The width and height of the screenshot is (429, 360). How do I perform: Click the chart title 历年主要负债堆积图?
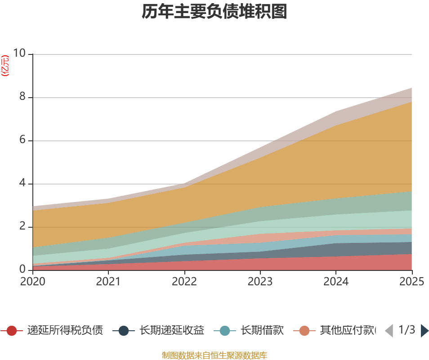(x=214, y=12)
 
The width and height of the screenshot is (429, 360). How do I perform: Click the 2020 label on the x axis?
(x=33, y=282)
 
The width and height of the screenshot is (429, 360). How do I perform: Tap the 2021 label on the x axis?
(x=108, y=282)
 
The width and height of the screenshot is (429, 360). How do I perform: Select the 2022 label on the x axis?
(x=184, y=282)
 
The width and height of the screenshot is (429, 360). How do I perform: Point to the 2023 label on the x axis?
(x=260, y=282)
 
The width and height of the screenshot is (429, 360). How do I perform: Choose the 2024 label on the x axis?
(x=336, y=282)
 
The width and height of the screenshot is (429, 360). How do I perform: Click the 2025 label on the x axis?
(x=411, y=282)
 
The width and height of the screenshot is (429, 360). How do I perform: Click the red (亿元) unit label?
(x=5, y=66)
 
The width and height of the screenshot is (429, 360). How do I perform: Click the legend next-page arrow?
(x=425, y=331)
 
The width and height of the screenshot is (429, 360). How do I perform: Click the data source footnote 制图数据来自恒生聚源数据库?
(x=214, y=355)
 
